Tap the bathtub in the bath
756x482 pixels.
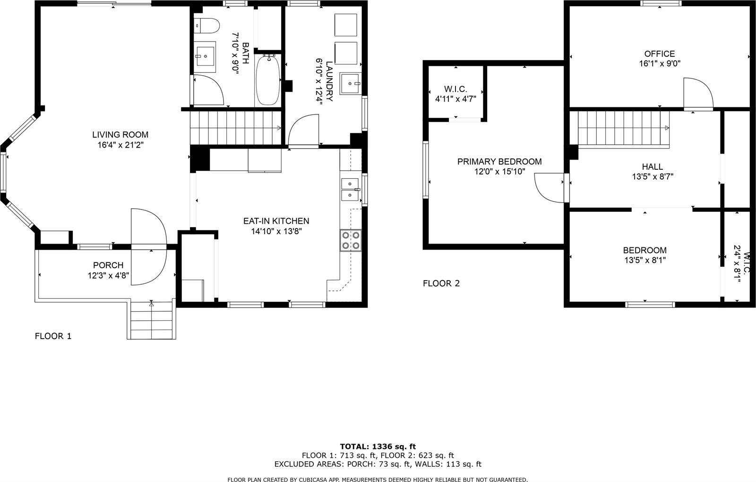pos(268,79)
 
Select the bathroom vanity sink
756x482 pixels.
pos(205,56)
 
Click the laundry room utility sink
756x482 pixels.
pos(350,84)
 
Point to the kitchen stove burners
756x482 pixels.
pos(350,240)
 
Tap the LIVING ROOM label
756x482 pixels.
pos(120,135)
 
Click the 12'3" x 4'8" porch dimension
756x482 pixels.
pos(108,275)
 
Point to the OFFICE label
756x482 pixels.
pos(659,54)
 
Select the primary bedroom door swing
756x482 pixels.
pos(548,187)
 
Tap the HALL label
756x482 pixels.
pos(652,167)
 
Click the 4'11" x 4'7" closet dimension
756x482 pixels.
pos(455,99)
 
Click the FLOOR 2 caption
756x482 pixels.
pos(441,283)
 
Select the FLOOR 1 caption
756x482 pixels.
pos(53,336)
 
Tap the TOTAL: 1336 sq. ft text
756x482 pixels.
pos(378,446)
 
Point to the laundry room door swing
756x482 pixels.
pos(302,130)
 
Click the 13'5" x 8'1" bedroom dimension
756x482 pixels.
pos(644,260)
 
